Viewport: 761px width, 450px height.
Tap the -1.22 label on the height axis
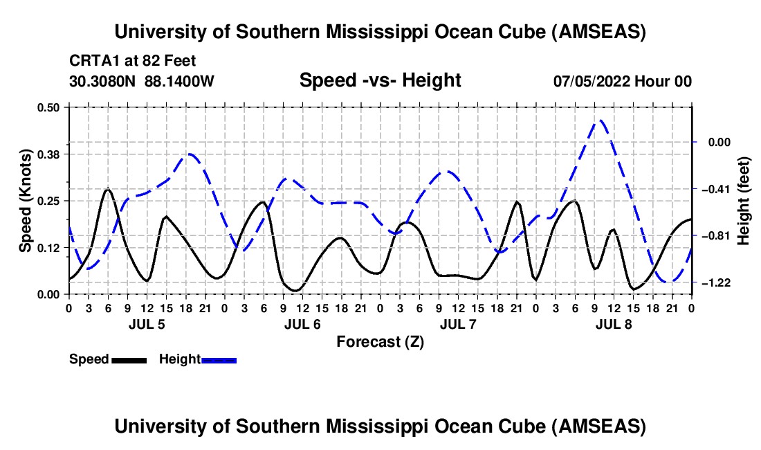tap(717, 283)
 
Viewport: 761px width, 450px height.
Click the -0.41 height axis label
tap(717, 189)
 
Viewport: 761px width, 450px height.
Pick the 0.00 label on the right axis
tap(719, 142)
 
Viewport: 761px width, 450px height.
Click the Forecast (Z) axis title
tap(380, 341)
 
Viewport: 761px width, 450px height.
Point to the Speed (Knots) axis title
tap(25, 200)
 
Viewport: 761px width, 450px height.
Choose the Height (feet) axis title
tap(744, 200)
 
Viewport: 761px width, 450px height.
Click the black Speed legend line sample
tap(129, 359)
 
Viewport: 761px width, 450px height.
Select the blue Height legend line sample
tap(219, 359)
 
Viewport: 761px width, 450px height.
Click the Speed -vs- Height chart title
tap(380, 80)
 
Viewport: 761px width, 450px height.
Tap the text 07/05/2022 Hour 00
tap(623, 81)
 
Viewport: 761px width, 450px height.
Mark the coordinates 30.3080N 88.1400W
tap(142, 81)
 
